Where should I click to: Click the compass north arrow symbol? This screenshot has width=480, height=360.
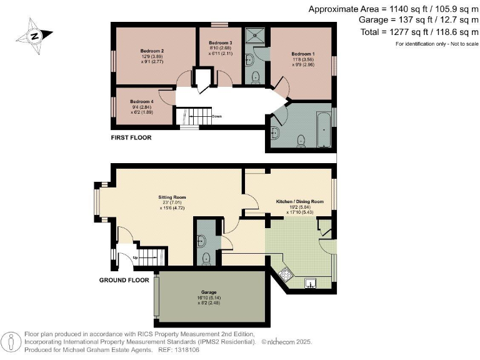point(35,36)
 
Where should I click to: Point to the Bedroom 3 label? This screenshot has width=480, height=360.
point(220,42)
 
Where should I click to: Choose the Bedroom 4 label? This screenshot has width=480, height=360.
point(142,101)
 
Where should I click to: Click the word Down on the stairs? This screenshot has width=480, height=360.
point(217,116)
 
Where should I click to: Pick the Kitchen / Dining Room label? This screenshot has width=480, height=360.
point(300,202)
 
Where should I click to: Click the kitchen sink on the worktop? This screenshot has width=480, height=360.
point(310,282)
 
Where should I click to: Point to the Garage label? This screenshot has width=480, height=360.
point(207,292)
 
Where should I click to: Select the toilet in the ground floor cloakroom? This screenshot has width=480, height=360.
point(206,256)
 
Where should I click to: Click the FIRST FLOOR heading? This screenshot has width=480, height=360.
point(131,137)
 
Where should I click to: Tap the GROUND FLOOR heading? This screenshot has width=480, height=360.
point(124,280)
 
